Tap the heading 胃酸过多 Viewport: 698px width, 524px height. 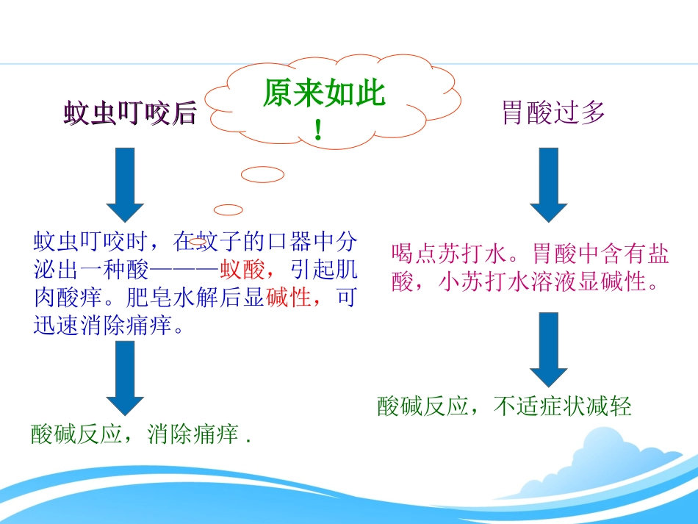pyautogui.click(x=553, y=112)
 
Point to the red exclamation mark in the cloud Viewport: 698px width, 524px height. pyautogui.click(x=318, y=131)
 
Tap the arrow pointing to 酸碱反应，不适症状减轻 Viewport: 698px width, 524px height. pyautogui.click(x=548, y=349)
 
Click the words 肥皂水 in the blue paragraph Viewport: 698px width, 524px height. pyautogui.click(x=150, y=298)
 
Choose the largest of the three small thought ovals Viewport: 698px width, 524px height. pyautogui.click(x=262, y=175)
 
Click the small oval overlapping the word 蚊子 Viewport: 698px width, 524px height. pyautogui.click(x=197, y=240)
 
